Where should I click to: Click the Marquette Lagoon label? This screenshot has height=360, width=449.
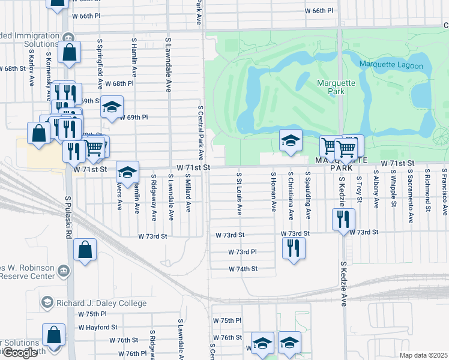pyautogui.click(x=391, y=65)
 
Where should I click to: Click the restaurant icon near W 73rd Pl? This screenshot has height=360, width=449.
pyautogui.click(x=294, y=247)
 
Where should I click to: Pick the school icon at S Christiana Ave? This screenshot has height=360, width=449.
pyautogui.click(x=291, y=141)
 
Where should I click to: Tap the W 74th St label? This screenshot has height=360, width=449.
pyautogui.click(x=243, y=269)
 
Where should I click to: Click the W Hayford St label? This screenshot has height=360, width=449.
pyautogui.click(x=97, y=327)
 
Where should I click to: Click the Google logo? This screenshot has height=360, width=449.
pyautogui.click(x=20, y=353)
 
